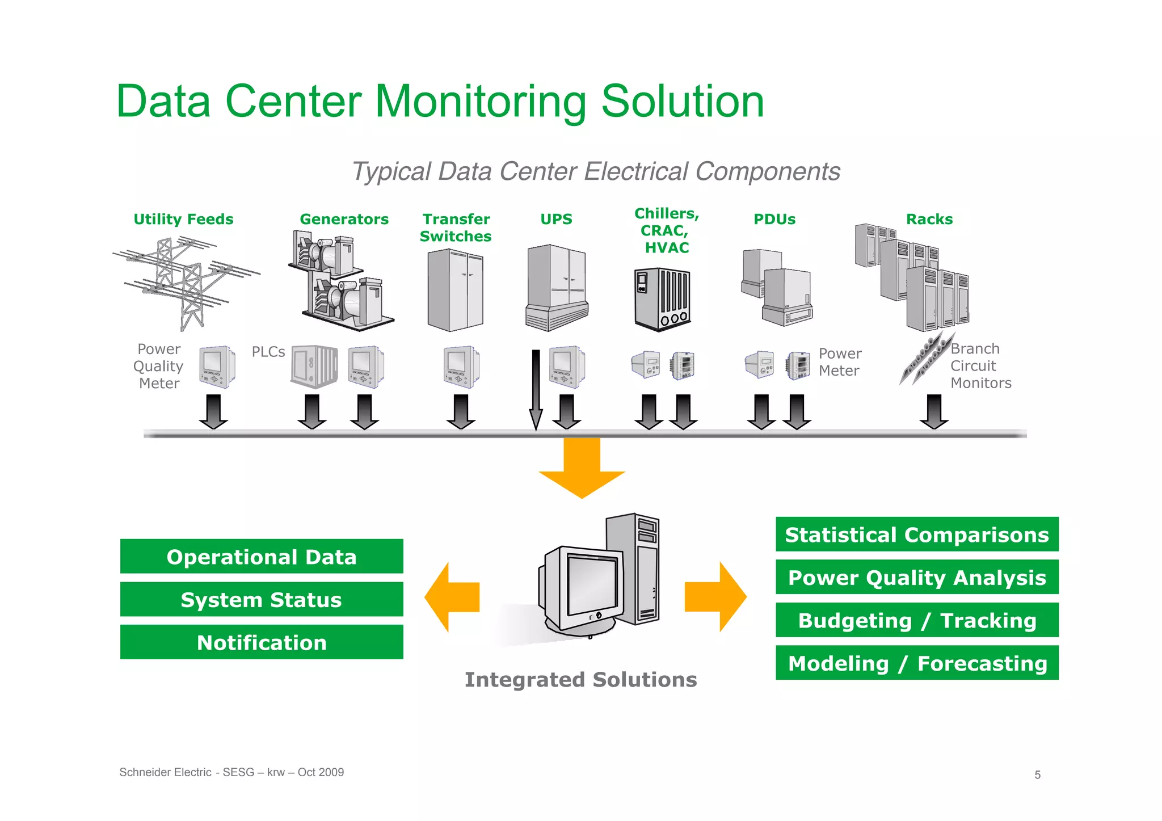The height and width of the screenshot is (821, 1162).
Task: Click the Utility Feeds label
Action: (x=183, y=219)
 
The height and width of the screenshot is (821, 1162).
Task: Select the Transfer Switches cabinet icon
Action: (x=455, y=290)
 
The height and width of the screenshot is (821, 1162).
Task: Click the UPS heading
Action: (x=556, y=219)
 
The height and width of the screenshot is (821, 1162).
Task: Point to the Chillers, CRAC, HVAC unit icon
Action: (x=662, y=298)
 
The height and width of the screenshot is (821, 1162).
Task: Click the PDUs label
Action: (x=774, y=219)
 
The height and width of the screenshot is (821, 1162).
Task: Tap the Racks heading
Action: (x=929, y=219)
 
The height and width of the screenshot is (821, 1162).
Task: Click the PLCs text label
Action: (x=268, y=352)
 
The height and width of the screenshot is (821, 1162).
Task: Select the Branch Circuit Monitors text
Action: (x=980, y=366)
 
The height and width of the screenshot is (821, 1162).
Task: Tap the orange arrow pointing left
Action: (x=452, y=597)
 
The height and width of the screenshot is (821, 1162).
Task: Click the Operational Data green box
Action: (x=262, y=557)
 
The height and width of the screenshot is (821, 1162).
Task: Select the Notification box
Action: (x=262, y=642)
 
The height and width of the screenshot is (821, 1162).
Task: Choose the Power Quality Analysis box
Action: (x=917, y=578)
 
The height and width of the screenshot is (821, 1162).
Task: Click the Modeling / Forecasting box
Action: (x=917, y=663)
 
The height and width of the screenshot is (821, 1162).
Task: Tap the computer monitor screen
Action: (x=591, y=584)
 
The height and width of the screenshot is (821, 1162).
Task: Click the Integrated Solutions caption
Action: (x=580, y=680)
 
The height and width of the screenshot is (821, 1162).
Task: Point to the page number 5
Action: (x=1037, y=775)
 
